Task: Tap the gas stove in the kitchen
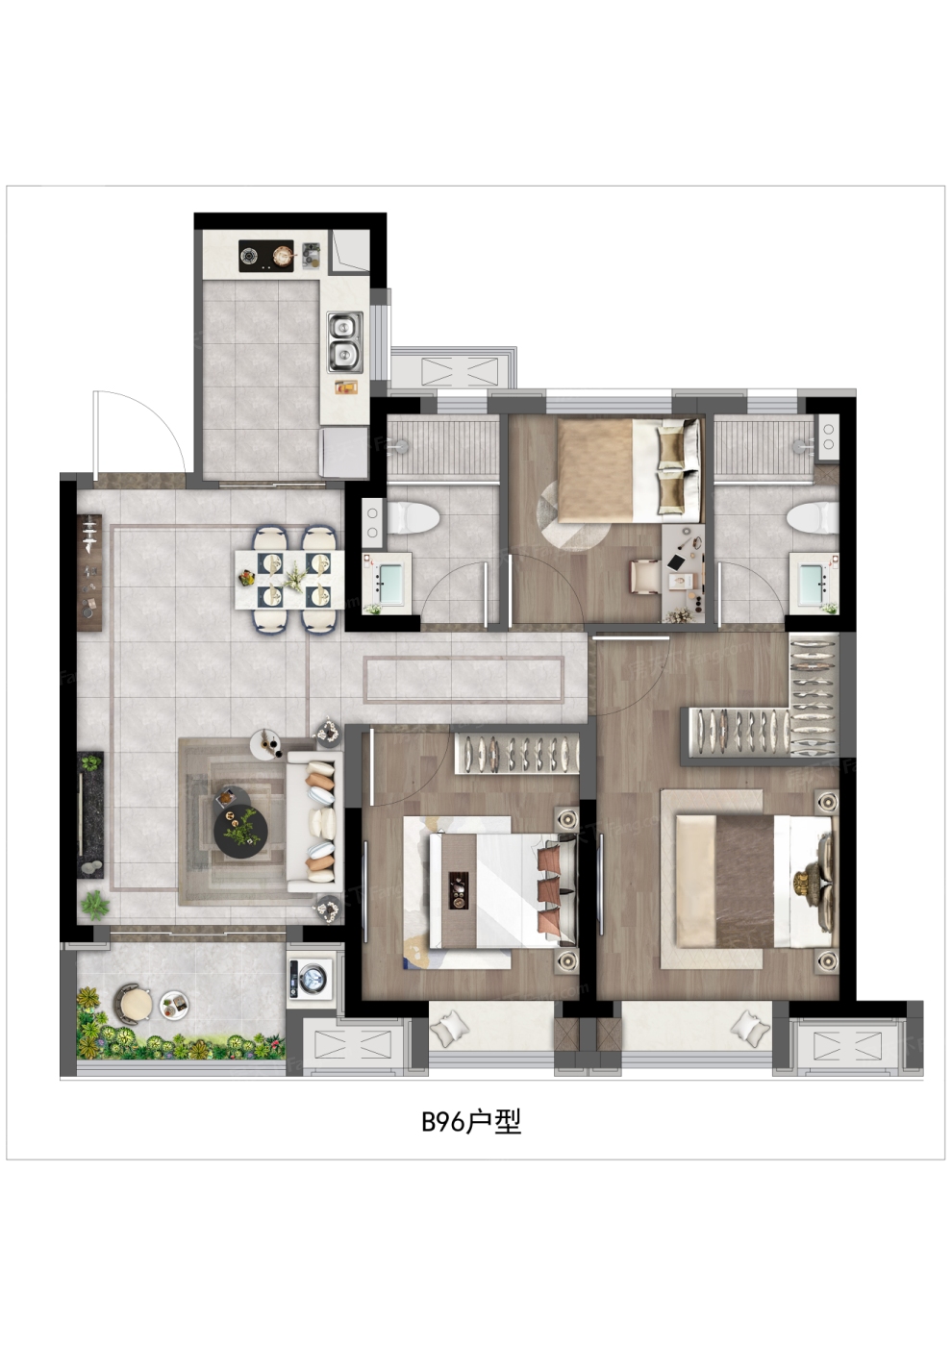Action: pyautogui.click(x=266, y=256)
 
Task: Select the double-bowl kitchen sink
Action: pyautogui.click(x=345, y=342)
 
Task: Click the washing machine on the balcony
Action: pyautogui.click(x=310, y=977)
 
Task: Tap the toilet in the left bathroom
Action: pyautogui.click(x=413, y=517)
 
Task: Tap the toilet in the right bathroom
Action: pyautogui.click(x=813, y=517)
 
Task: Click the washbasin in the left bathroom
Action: pyautogui.click(x=388, y=581)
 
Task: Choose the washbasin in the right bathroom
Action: pyautogui.click(x=814, y=581)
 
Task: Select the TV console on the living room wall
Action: pyautogui.click(x=90, y=815)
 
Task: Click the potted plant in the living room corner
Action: pyautogui.click(x=94, y=905)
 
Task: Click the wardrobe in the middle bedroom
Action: pyautogui.click(x=517, y=754)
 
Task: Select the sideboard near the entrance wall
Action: pyautogui.click(x=91, y=571)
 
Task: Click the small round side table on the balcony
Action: pyautogui.click(x=175, y=1004)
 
